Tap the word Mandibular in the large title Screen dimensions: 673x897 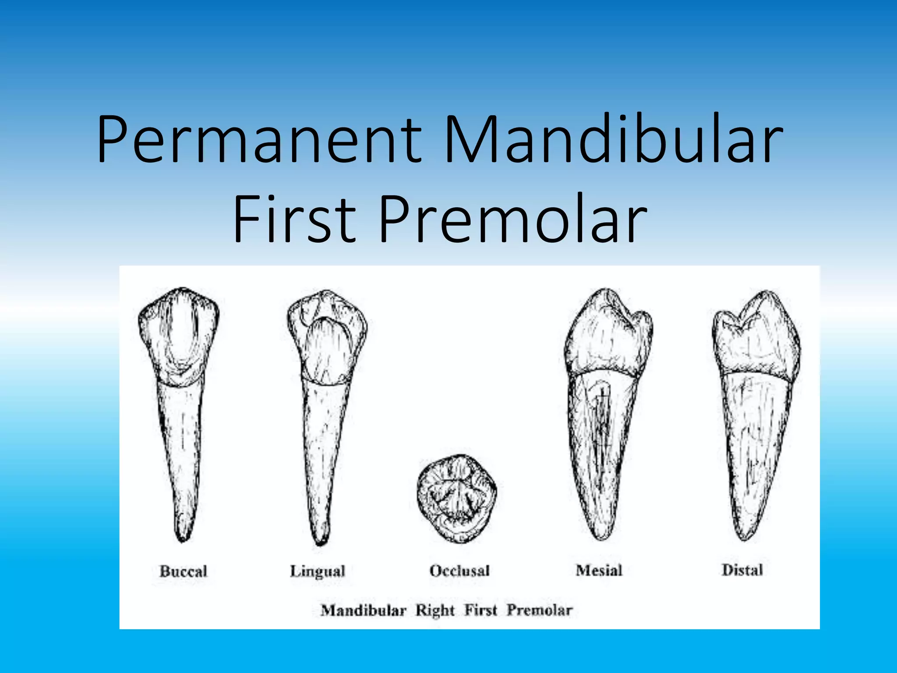(613, 139)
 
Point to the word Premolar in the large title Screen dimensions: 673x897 (512, 219)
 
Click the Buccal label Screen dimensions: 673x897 (183, 571)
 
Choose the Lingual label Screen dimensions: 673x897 (318, 571)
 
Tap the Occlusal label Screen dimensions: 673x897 (459, 570)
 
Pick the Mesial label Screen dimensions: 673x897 (599, 570)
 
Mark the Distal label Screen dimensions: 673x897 (742, 570)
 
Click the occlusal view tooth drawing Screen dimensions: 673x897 (457, 498)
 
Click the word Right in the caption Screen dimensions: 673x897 (435, 610)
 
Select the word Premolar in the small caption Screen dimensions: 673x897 (540, 610)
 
